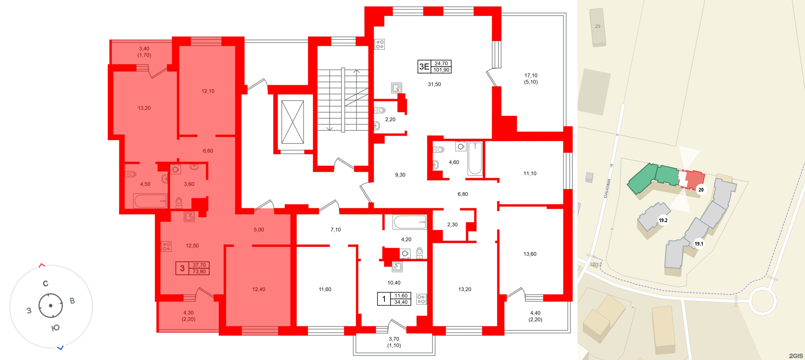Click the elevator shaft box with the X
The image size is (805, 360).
tap(292, 122)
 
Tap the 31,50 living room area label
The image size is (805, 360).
tap(434, 84)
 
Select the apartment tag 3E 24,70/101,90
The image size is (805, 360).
tap(434, 67)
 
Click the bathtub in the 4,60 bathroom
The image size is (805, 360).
tap(475, 158)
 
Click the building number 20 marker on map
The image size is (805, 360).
tap(701, 190)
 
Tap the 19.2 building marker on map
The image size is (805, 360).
tap(663, 220)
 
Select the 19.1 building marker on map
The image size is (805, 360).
tap(699, 244)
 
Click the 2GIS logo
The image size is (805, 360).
tap(796, 356)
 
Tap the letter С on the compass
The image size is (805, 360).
tap(45, 284)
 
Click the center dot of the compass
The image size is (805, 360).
tap(51, 306)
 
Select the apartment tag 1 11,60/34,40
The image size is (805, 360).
tap(394, 299)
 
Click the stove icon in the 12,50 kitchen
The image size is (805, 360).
tap(166, 246)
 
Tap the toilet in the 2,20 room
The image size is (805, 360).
tap(380, 110)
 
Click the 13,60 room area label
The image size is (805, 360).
tap(529, 254)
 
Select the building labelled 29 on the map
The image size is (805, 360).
tap(597, 27)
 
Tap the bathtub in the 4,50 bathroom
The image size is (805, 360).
tap(150, 201)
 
